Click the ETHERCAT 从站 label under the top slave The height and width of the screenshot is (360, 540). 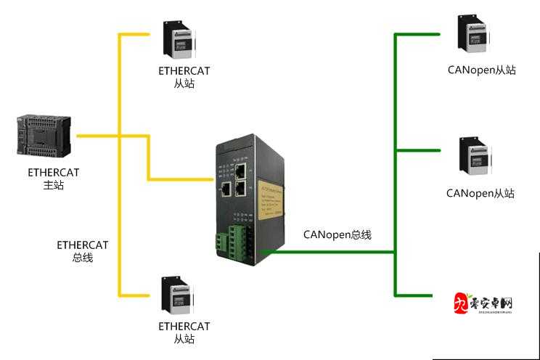click(x=184, y=77)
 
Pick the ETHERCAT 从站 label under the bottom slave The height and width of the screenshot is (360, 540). click(x=184, y=332)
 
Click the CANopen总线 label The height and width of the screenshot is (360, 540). click(x=337, y=234)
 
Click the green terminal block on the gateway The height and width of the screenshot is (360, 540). click(x=237, y=240)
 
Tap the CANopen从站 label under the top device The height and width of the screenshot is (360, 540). click(x=480, y=71)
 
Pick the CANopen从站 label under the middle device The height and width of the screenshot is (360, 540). click(x=480, y=193)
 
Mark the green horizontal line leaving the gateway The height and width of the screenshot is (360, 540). click(x=327, y=252)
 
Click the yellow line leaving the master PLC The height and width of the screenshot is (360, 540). click(x=98, y=135)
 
